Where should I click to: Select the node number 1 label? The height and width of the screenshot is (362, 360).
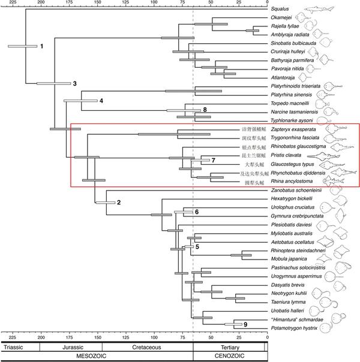41,46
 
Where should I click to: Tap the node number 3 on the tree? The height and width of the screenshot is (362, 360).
75,83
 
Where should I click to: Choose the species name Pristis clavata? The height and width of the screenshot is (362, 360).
291,155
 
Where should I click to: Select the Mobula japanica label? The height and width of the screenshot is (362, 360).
292,259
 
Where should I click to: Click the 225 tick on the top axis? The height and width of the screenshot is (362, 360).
7,3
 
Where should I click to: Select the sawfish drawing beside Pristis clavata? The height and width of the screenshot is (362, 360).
336,155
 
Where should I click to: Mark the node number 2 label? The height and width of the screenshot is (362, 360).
119,202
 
